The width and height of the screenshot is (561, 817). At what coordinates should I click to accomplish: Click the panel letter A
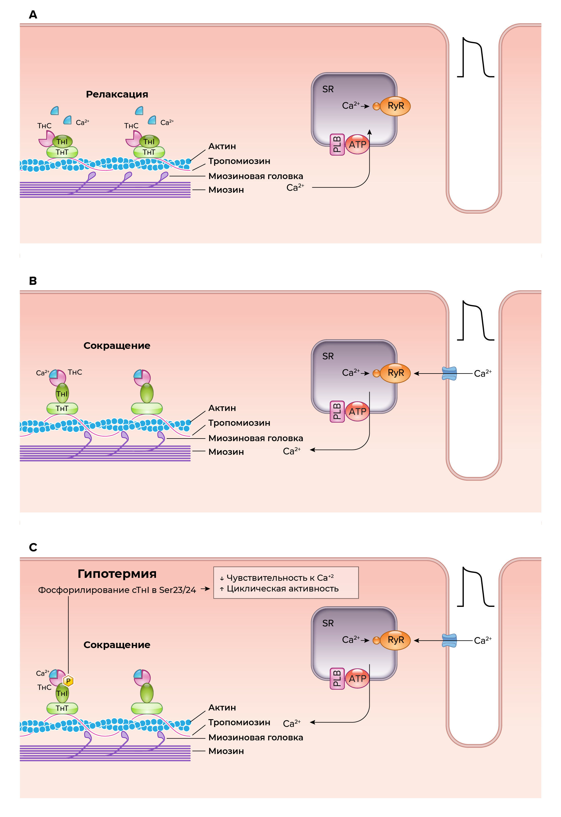[33, 15]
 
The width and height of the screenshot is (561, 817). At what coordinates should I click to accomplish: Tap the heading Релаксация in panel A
[117, 94]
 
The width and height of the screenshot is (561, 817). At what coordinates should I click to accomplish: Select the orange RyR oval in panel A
[395, 106]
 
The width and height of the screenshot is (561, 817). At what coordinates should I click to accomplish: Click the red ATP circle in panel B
[357, 411]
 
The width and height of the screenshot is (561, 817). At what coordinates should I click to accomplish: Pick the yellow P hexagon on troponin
[68, 681]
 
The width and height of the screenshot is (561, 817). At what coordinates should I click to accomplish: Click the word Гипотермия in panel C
[117, 574]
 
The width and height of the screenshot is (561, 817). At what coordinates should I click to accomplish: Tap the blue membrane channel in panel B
[449, 373]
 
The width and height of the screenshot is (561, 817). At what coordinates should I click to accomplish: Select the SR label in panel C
[328, 623]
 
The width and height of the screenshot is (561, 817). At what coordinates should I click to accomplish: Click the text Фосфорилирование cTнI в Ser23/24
[117, 590]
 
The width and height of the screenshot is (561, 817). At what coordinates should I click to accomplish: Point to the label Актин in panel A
[222, 146]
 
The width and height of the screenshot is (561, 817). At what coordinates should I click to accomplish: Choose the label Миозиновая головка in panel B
[255, 438]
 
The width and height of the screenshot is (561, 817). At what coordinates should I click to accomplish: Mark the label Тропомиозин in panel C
[239, 722]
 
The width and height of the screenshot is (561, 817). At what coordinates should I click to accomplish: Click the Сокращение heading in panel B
[117, 345]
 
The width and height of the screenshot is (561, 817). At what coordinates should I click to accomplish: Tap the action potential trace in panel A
[475, 58]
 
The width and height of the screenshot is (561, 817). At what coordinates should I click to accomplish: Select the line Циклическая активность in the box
[282, 589]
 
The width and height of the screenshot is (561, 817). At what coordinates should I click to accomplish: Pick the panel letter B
[33, 281]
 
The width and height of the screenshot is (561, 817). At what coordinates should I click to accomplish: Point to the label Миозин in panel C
[226, 751]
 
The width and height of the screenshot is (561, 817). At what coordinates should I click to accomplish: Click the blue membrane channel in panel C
[449, 640]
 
